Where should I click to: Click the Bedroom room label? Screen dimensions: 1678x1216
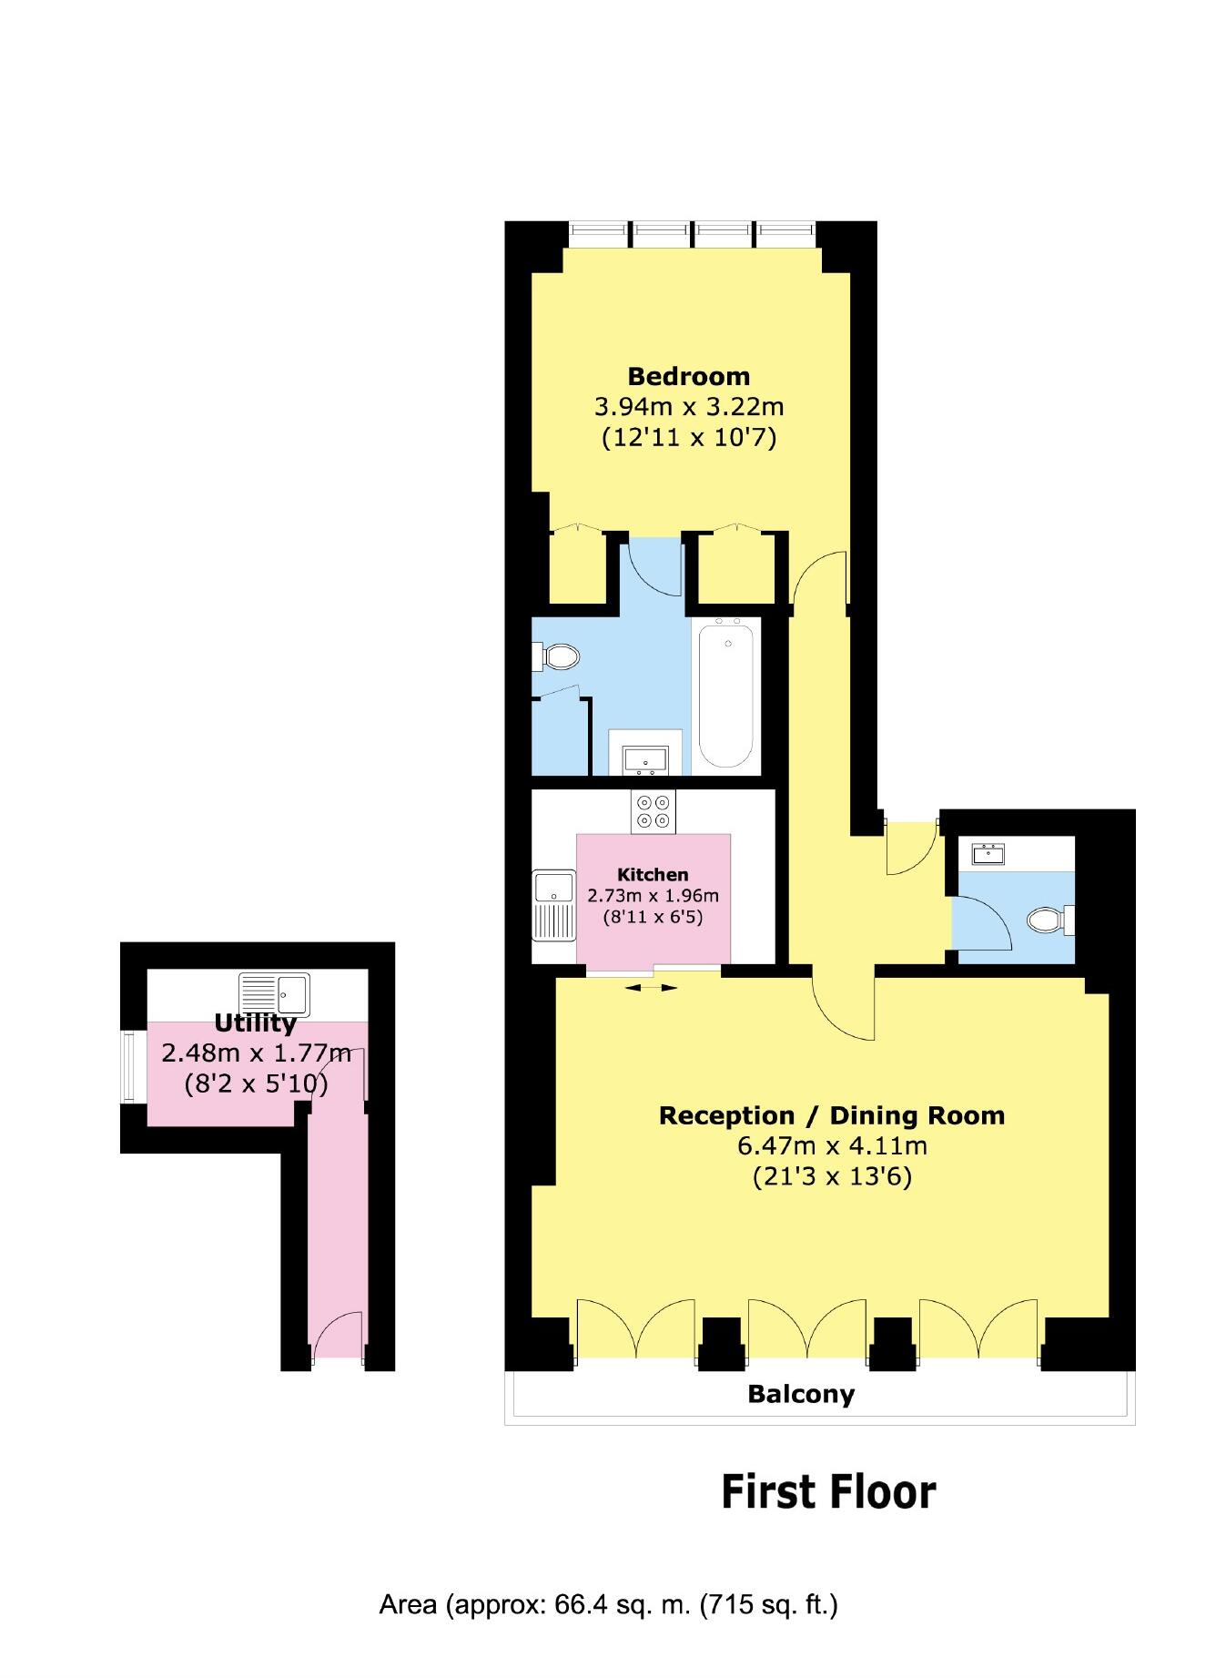click(689, 376)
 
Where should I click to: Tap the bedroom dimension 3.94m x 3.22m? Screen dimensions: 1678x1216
click(689, 406)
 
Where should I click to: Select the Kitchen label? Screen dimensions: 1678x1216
click(653, 875)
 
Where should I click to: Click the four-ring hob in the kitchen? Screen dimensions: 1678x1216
click(654, 811)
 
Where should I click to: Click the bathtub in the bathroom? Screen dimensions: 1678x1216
click(726, 694)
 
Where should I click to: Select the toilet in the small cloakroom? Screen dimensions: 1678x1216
click(1050, 920)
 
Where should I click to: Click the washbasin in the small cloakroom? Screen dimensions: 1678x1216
click(988, 854)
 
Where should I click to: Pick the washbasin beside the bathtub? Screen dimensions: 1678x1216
click(644, 758)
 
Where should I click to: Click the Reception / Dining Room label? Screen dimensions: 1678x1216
click(832, 1115)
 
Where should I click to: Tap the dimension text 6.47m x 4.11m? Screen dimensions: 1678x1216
click(832, 1145)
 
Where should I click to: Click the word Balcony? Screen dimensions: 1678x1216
click(801, 1394)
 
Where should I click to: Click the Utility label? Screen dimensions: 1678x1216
click(256, 1023)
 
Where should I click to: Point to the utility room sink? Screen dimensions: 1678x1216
click(275, 994)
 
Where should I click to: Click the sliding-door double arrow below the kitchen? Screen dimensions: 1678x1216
click(651, 987)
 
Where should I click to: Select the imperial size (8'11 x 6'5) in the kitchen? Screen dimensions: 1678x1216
click(653, 917)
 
